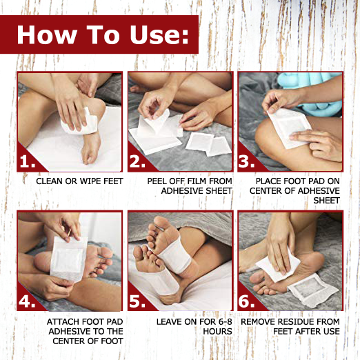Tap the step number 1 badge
[28, 161]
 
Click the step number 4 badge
[28, 301]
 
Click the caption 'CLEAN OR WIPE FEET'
[70, 181]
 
